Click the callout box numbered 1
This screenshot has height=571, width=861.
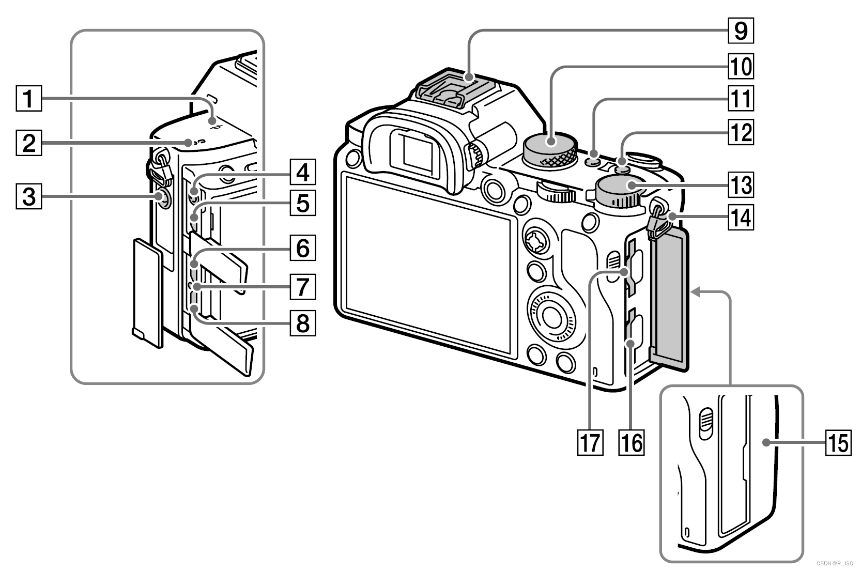(28, 99)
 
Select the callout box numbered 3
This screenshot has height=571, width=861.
(28, 197)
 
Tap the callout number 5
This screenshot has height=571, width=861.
(302, 203)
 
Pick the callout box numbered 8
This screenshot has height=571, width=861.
(302, 323)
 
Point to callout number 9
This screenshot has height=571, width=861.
(741, 30)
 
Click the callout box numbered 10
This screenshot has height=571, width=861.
(741, 66)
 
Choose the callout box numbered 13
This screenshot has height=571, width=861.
(741, 184)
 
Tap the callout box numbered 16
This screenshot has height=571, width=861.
(632, 443)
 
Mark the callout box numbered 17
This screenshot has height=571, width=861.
(591, 443)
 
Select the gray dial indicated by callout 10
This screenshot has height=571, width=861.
(550, 145)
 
